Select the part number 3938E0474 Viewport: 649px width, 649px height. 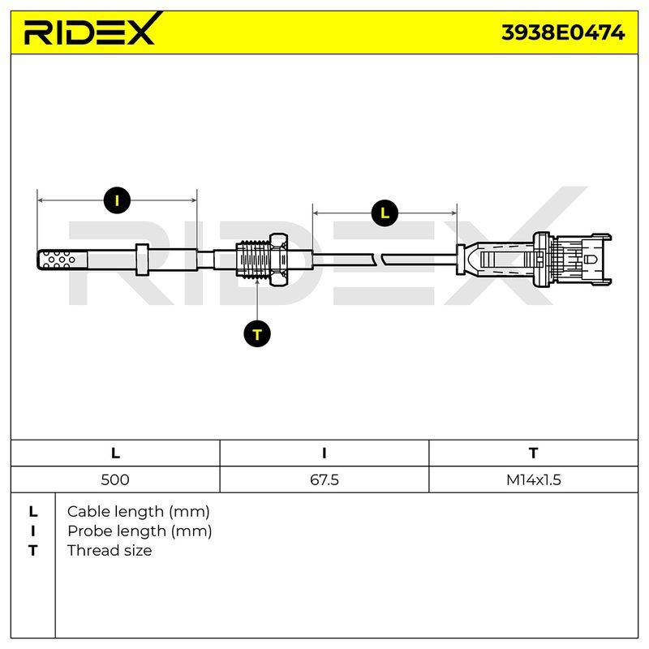click(x=563, y=32)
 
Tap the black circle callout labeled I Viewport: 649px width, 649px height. click(x=117, y=200)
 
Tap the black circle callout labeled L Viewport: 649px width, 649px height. click(x=385, y=213)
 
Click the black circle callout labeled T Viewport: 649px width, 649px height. click(x=257, y=333)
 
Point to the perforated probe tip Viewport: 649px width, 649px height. click(x=62, y=260)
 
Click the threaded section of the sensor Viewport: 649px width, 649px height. click(x=253, y=260)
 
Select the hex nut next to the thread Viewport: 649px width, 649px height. click(x=279, y=259)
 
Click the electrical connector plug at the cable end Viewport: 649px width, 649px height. click(x=534, y=259)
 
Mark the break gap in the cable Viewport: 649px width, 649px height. click(x=379, y=260)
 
